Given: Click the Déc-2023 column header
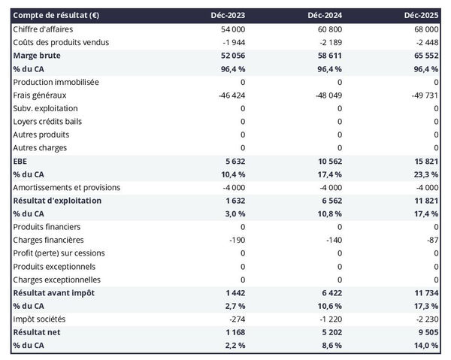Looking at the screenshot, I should click(229, 16).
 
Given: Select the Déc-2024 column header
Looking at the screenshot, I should click(325, 16).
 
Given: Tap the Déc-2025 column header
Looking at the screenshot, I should click(422, 16).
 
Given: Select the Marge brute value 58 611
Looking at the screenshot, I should click(328, 56).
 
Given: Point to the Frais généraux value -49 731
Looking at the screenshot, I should click(423, 95).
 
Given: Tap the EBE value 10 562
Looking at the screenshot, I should click(328, 161).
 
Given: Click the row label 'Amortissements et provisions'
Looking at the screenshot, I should click(67, 187).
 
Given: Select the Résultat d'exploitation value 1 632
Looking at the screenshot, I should click(235, 201).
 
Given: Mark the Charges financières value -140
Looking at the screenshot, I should click(332, 240).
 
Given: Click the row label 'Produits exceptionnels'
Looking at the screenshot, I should click(54, 266).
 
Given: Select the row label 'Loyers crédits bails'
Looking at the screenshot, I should click(50, 121).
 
